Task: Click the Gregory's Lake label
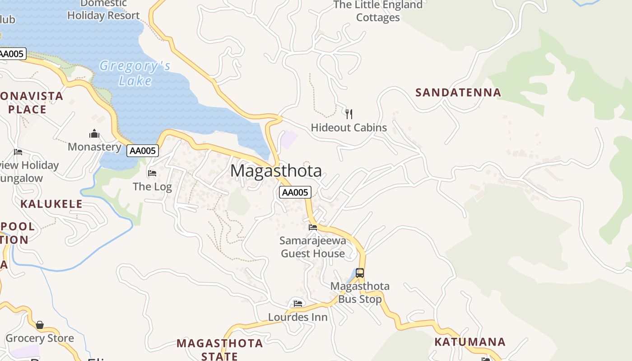pos(135,73)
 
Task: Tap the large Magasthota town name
pos(276,171)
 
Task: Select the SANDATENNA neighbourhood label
pos(458,93)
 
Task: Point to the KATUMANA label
pos(470,342)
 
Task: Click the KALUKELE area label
pos(51,204)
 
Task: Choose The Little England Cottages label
pos(378,11)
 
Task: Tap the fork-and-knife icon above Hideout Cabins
pos(349,114)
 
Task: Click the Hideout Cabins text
pos(349,128)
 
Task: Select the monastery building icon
pos(94,134)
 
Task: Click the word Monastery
pos(94,147)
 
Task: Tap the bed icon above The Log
pos(152,173)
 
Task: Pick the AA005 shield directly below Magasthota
pos(295,193)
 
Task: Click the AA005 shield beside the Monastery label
pos(143,151)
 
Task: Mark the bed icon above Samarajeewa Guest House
pos(313,227)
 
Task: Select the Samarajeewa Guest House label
pos(313,247)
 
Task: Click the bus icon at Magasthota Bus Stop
pos(360,273)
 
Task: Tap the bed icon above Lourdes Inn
pos(298,303)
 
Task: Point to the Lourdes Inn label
pos(298,317)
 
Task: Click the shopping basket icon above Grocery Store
pos(40,325)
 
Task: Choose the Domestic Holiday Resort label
pos(103,9)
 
